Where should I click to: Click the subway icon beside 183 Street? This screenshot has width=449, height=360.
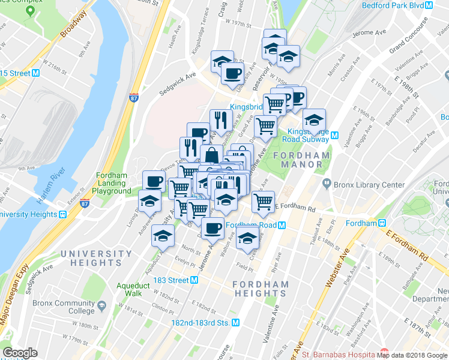coord(194,280)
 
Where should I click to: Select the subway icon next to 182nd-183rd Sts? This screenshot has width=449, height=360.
coord(236,322)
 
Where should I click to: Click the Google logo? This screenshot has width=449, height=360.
coord(20,353)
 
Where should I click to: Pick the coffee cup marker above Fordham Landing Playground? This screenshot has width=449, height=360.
coord(154,181)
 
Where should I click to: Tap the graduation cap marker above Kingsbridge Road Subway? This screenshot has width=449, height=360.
coord(314,120)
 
